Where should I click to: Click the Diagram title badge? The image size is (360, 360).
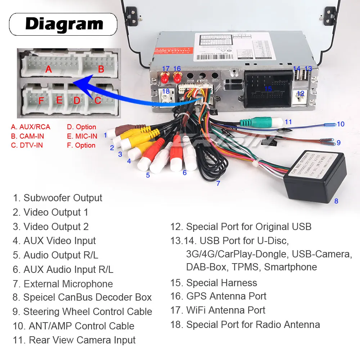63,24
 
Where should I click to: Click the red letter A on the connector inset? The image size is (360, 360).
48,69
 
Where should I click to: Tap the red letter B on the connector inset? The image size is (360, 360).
101,69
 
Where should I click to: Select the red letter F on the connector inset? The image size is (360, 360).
41,101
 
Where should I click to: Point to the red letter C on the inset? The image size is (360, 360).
98,100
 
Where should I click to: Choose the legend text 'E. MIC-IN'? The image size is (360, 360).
82,136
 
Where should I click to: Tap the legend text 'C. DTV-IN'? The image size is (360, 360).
27,145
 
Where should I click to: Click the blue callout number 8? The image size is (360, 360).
336,201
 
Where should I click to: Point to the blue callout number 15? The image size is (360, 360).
268,89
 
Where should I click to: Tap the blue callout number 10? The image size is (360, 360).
341,124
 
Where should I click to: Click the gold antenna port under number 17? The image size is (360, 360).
165,77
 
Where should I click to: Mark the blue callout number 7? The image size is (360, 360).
218,183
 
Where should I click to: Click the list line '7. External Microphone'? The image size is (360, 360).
63,284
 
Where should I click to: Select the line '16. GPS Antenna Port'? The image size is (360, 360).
219,296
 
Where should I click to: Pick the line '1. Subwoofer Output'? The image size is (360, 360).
58,198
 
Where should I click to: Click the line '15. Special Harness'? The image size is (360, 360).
214,283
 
